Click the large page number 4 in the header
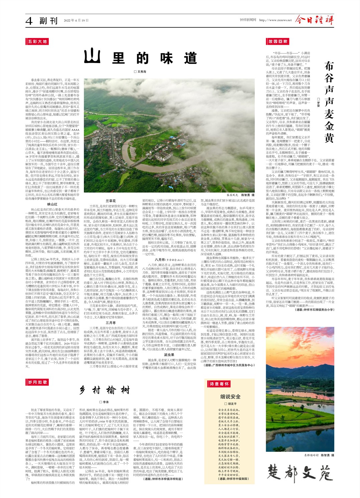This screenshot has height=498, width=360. click(x=29, y=21)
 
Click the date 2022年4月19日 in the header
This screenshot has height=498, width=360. click(x=76, y=21)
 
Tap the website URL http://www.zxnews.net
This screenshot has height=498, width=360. click(x=275, y=20)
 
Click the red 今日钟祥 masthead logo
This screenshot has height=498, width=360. click(x=314, y=20)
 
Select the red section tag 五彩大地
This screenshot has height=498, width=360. click(x=37, y=41)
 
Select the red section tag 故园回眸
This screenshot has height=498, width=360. click(x=278, y=41)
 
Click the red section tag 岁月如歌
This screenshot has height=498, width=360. click(x=37, y=382)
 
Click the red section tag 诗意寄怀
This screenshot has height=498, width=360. click(x=219, y=384)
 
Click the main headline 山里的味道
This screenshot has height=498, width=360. click(x=140, y=58)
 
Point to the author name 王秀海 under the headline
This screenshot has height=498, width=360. click(x=140, y=72)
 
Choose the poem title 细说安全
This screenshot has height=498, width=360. click(x=230, y=397)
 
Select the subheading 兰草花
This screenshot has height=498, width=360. click(x=111, y=201)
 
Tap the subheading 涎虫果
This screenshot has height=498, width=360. click(x=169, y=355)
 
